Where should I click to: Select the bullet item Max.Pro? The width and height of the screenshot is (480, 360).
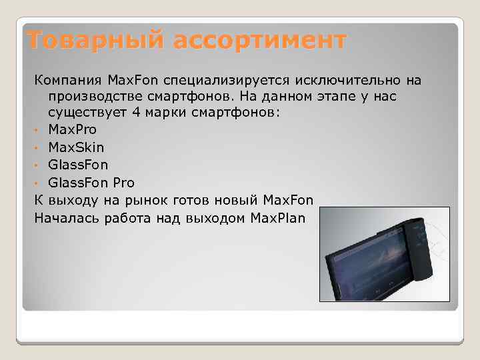point(72,129)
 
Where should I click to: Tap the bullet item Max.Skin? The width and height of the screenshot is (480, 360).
point(75,146)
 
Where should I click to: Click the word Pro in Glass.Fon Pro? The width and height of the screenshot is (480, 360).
point(124,182)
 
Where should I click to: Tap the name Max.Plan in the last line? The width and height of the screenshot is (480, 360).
point(275,217)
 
